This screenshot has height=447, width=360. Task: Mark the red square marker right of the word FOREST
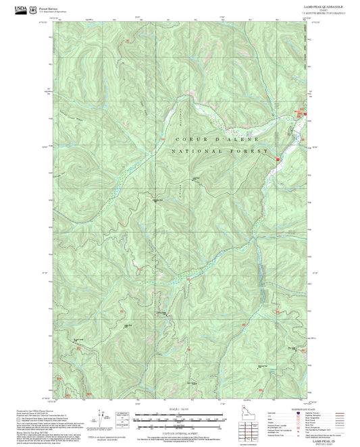pos(277,159)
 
